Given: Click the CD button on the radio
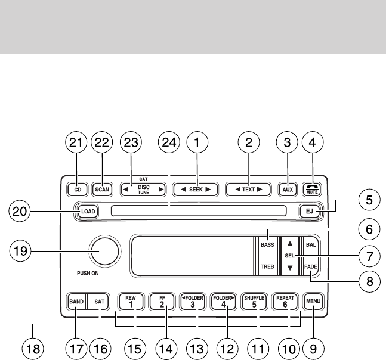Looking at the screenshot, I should click(77, 190).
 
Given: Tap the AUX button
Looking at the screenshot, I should click(288, 190).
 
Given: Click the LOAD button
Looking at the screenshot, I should click(87, 211).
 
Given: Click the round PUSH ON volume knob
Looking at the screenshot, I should click(102, 250).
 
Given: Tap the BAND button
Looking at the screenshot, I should click(76, 302).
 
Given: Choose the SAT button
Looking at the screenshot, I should click(100, 302).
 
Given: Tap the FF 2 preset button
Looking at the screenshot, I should click(161, 302).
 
